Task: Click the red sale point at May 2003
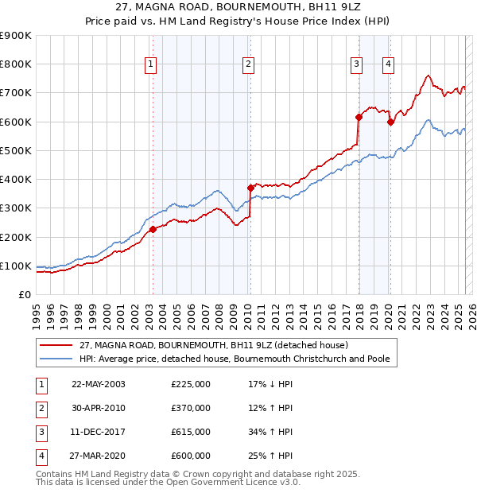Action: click(x=153, y=230)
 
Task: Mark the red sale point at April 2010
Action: click(x=250, y=188)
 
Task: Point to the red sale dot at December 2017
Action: click(x=359, y=118)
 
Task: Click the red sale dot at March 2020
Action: click(x=390, y=122)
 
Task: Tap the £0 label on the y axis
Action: click(x=25, y=294)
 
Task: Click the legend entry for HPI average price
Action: click(x=235, y=359)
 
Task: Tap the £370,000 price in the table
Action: click(x=191, y=408)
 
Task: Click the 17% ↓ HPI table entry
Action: click(x=270, y=384)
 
